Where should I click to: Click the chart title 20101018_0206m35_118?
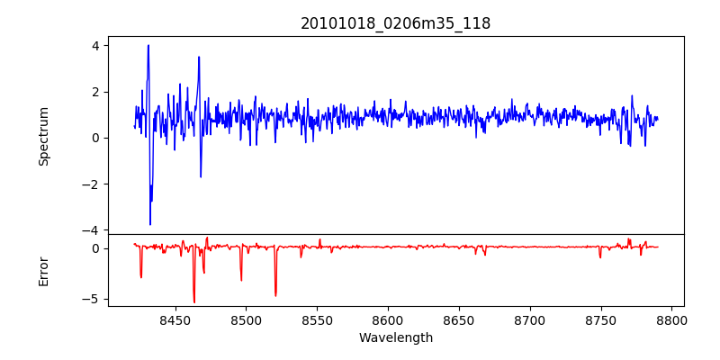[396, 23]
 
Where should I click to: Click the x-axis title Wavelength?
[396, 337]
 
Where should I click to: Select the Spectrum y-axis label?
[43, 136]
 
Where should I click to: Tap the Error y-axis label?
[43, 270]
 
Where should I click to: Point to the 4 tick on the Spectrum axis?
[96, 45]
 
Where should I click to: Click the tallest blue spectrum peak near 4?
[148, 46]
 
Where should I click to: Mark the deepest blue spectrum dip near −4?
[150, 224]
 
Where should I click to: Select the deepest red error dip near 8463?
[193, 301]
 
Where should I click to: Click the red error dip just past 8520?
[275, 295]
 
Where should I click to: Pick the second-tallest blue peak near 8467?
[199, 58]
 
